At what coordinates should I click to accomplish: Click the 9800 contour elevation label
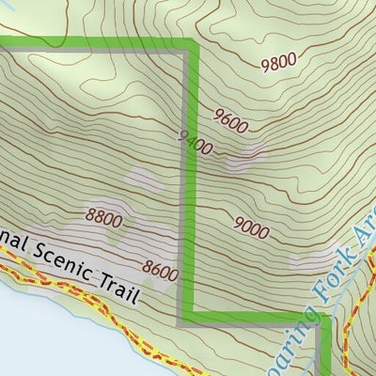tap(278, 62)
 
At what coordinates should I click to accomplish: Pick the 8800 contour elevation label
tap(103, 220)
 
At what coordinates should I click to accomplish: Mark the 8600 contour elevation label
tap(161, 273)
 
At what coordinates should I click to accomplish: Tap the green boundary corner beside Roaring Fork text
tap(325, 319)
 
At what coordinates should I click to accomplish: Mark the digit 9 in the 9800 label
tap(265, 62)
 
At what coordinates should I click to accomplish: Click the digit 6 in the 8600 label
tap(157, 272)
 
